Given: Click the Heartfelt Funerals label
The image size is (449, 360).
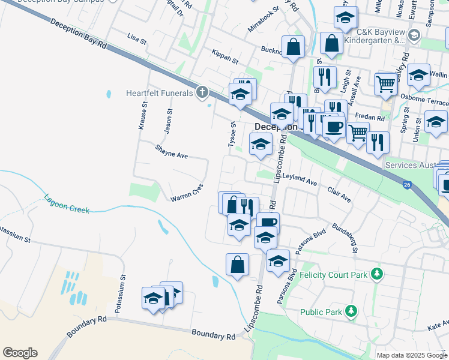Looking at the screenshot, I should [159, 93].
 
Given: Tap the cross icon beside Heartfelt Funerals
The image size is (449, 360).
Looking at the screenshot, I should [202, 92].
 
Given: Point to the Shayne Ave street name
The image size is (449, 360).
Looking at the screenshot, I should [171, 155].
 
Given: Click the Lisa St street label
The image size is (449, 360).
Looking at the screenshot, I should [137, 40].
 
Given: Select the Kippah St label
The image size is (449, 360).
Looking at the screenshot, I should [225, 58].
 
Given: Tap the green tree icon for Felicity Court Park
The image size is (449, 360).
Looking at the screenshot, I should [376, 274].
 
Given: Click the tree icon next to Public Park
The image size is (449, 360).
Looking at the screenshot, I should [351, 311].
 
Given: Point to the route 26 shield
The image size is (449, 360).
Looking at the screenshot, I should [408, 185].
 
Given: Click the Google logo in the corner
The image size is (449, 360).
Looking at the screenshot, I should [20, 353].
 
